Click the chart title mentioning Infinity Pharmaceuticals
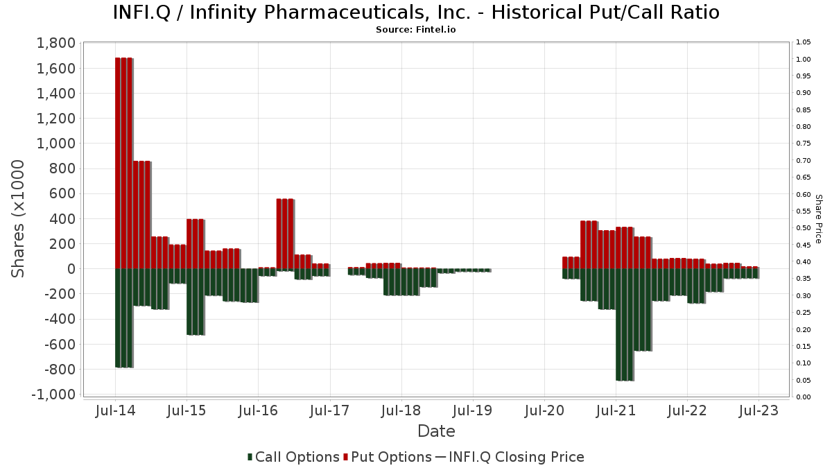[x=415, y=12]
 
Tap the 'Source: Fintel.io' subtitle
[x=415, y=30]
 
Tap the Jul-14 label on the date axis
[x=115, y=410]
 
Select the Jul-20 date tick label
[x=544, y=410]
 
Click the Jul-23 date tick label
[x=759, y=410]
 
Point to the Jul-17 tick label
[x=329, y=410]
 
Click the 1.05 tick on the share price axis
[x=804, y=42]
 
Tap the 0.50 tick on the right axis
[x=804, y=228]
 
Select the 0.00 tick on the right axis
[x=804, y=397]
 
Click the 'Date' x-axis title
[x=436, y=431]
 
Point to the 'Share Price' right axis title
[x=818, y=218]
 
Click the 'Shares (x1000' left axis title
[x=19, y=218]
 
